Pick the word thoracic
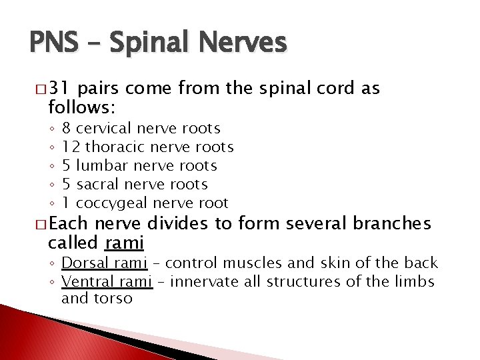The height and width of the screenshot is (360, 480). (117, 146)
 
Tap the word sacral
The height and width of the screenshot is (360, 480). (102, 183)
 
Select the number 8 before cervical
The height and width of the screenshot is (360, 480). (66, 127)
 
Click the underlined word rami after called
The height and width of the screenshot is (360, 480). (125, 241)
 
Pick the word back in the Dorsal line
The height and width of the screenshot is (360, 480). (422, 263)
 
